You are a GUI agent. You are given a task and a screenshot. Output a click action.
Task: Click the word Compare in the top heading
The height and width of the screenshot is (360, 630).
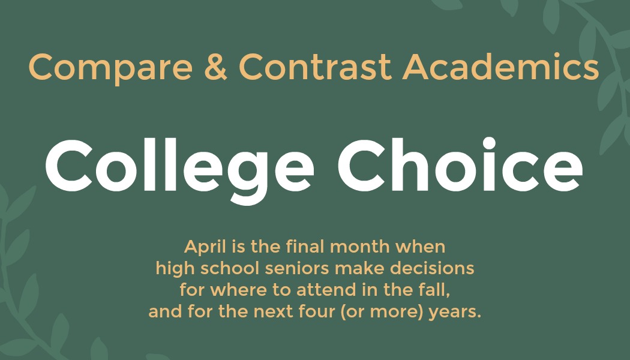[x=111, y=67]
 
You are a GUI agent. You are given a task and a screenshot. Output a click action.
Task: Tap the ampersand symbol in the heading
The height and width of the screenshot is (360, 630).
[x=216, y=67]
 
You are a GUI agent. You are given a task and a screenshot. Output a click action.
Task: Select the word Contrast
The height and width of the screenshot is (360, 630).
[x=315, y=67]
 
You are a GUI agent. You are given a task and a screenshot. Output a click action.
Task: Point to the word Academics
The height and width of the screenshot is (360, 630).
[x=500, y=67]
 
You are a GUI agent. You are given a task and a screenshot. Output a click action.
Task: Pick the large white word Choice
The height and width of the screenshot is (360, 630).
[x=460, y=165]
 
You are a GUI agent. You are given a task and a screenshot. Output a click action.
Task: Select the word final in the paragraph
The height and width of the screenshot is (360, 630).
[x=305, y=246]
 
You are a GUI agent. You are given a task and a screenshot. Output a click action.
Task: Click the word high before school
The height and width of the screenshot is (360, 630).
[x=176, y=269]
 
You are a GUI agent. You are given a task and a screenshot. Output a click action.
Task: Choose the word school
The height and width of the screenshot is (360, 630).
[x=230, y=268]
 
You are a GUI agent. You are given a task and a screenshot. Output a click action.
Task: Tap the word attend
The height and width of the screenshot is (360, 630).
[x=326, y=290]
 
